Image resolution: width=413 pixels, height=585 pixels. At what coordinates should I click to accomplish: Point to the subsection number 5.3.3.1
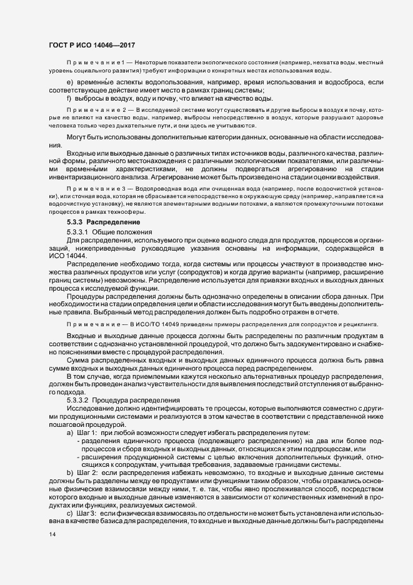point(79,231)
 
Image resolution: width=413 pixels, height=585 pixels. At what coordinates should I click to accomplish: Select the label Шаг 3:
point(86,512)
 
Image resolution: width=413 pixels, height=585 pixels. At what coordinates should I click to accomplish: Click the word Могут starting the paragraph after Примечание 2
point(77,137)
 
